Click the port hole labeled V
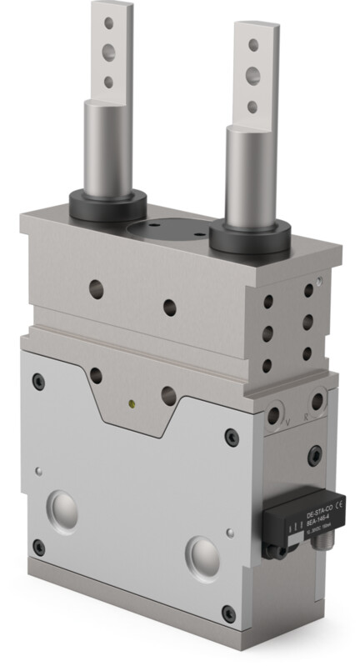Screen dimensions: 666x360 tap(276, 415)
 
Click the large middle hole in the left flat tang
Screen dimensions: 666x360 tap(107, 52)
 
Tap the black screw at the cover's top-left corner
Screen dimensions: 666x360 tap(38, 380)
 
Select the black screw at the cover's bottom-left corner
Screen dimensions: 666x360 tap(38, 548)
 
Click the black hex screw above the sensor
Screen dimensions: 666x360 tap(314, 456)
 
